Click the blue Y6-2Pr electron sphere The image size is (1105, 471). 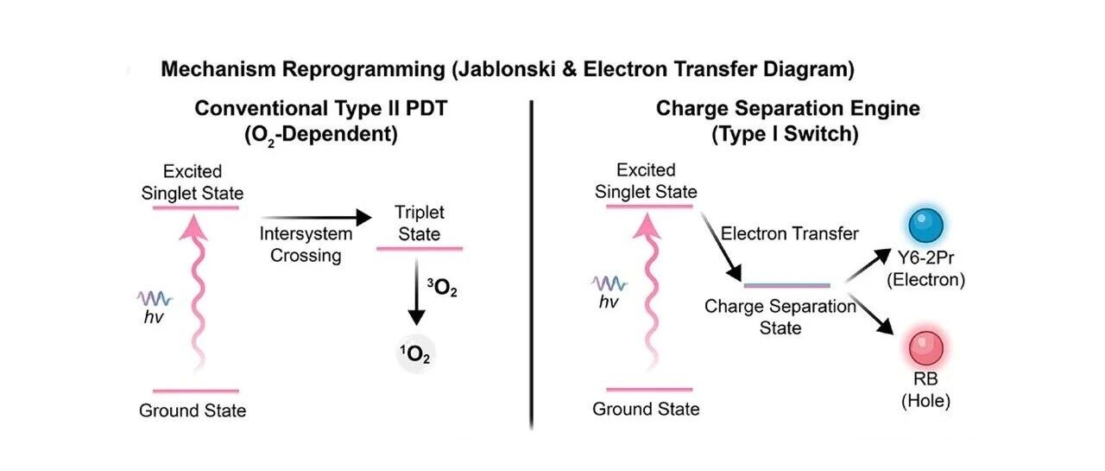926,226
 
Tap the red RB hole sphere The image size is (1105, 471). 926,348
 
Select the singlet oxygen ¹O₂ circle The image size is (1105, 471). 415,354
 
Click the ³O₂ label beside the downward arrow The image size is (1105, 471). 442,288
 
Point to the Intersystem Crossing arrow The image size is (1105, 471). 316,217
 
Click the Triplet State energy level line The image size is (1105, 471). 420,248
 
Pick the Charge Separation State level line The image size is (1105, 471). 786,285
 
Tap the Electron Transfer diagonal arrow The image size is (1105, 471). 721,247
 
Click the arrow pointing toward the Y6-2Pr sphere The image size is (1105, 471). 868,265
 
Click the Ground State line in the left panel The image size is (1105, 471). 196,391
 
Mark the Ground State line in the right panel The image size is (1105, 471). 649,390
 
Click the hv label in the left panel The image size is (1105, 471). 154,317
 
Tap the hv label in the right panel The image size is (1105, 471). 609,302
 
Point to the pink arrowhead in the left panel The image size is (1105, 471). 193,228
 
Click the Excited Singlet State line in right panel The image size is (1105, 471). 649,207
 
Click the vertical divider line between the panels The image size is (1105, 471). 531,265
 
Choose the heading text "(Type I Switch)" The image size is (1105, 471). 785,134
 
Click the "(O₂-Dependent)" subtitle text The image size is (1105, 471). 321,135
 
